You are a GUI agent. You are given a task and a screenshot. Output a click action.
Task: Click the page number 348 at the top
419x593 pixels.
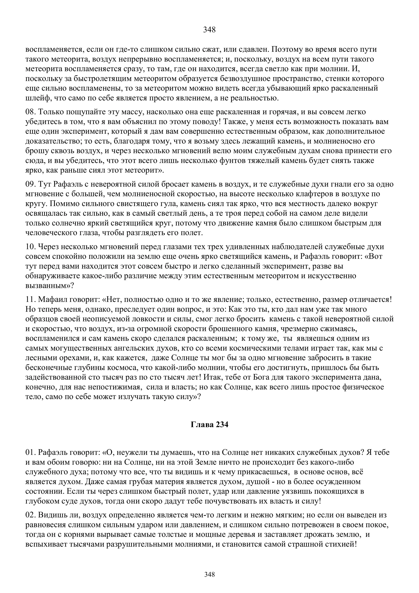coord(209,30)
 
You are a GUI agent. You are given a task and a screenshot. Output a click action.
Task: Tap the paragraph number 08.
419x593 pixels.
coord(31,112)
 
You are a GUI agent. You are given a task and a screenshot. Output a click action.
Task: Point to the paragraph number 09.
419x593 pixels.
coord(31,184)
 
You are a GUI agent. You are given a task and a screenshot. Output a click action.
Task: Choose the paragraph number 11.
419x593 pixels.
coord(31,300)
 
